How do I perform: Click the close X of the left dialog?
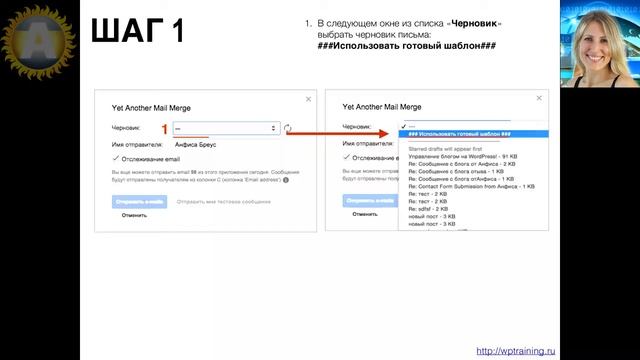click(306, 100)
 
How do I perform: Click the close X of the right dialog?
click(540, 97)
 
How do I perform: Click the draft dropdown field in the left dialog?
click(224, 128)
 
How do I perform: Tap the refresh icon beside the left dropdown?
click(288, 128)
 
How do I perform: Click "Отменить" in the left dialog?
click(134, 214)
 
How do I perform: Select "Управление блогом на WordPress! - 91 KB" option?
click(462, 157)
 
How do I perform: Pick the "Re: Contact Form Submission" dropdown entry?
click(471, 186)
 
